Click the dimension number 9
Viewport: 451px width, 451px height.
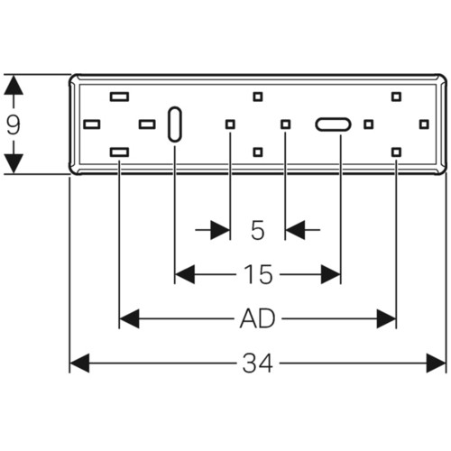click(x=14, y=124)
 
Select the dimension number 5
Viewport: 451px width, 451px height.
click(x=258, y=230)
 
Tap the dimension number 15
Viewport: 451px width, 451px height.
click(x=258, y=274)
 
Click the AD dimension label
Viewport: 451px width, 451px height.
click(x=257, y=318)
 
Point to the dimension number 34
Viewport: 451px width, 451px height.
click(x=258, y=364)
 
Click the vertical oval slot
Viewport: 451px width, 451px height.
click(x=174, y=124)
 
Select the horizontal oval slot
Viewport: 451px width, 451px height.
click(x=333, y=124)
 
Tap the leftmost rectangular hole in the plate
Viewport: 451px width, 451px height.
click(x=92, y=124)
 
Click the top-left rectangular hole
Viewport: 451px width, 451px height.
click(x=119, y=97)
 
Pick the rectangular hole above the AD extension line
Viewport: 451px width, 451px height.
click(x=119, y=152)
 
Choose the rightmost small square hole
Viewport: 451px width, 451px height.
click(x=424, y=124)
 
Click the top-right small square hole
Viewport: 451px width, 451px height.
click(x=396, y=97)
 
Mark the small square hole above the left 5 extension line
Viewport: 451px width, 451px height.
click(x=230, y=124)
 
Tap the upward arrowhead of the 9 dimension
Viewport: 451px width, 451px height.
click(x=14, y=85)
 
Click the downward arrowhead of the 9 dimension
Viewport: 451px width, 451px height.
click(x=14, y=164)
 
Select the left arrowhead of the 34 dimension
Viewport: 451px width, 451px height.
click(x=79, y=364)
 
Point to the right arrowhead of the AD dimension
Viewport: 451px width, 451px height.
click(x=386, y=318)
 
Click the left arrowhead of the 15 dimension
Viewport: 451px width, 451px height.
click(x=185, y=274)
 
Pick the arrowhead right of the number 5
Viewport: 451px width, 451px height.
click(x=295, y=230)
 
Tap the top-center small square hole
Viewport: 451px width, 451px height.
click(x=258, y=97)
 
